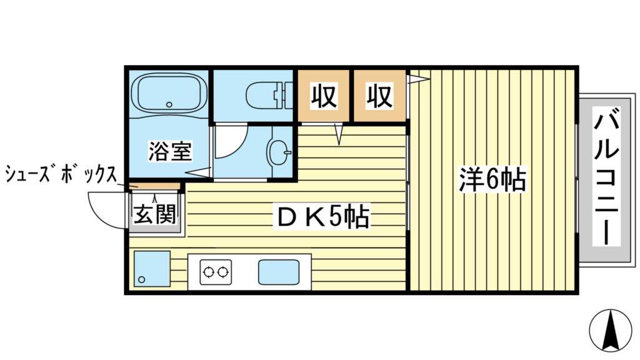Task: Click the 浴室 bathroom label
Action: click(x=169, y=151)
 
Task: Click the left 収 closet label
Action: click(x=324, y=96)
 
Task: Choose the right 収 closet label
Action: click(x=379, y=96)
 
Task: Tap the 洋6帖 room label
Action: click(x=492, y=180)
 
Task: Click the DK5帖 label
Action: click(x=322, y=218)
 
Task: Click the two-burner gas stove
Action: click(x=216, y=272)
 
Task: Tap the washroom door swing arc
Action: click(x=231, y=144)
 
